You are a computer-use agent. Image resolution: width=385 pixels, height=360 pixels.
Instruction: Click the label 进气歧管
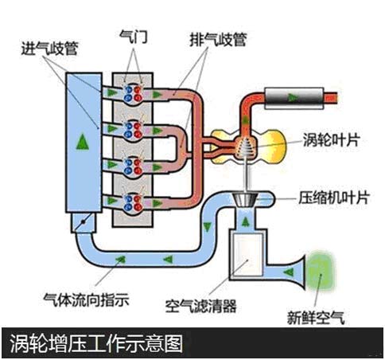point(49,49)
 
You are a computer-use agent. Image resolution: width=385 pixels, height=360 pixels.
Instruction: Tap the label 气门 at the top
point(133,37)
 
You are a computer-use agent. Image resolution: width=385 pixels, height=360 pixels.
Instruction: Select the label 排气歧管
point(218,40)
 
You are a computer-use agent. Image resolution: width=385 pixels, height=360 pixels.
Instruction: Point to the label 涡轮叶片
point(331,139)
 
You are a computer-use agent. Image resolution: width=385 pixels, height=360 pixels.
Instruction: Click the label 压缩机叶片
point(334,198)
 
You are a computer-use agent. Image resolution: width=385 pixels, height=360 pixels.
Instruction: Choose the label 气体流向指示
point(87,299)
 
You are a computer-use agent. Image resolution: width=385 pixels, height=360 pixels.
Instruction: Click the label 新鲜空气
point(316,318)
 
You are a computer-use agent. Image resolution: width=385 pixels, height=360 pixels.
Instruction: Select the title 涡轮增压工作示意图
point(96,343)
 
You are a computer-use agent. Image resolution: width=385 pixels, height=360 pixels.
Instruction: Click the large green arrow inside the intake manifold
point(83,142)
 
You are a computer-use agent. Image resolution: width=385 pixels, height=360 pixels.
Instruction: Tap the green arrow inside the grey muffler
point(293,98)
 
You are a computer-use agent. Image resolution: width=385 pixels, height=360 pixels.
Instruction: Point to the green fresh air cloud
point(320,272)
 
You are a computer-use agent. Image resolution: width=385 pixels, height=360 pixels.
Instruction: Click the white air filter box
point(247,256)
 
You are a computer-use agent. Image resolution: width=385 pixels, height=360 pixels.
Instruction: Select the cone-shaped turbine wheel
point(244,147)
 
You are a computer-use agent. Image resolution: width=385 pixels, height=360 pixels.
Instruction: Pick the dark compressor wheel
point(245,200)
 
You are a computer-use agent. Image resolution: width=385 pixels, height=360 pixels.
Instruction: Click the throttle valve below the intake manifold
point(83,222)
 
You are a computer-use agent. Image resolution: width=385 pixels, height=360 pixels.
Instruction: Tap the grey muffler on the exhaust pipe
point(294,98)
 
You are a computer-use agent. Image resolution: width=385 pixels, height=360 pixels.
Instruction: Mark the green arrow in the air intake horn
point(289,272)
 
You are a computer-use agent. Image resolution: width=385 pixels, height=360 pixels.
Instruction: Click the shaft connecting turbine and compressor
point(246,174)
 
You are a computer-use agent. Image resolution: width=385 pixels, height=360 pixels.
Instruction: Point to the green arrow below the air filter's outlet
point(246,221)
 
